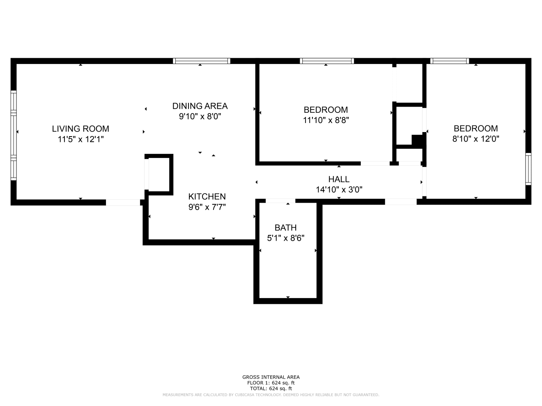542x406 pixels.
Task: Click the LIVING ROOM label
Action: tap(80, 129)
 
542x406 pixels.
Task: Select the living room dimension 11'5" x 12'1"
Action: tap(80, 139)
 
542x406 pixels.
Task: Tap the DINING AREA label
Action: tap(200, 106)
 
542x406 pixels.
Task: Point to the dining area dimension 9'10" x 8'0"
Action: tap(200, 116)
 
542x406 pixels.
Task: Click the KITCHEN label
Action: tap(207, 196)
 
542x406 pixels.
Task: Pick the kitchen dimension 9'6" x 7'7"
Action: tap(207, 207)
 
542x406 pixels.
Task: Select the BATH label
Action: tap(285, 228)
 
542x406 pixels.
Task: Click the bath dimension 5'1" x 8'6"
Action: tap(285, 238)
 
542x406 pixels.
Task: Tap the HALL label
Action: tap(339, 179)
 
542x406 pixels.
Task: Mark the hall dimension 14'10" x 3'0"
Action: tap(339, 190)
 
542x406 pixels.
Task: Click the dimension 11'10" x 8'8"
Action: tap(326, 121)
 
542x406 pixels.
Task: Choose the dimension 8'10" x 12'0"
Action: tap(475, 139)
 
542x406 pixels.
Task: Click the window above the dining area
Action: tap(201, 61)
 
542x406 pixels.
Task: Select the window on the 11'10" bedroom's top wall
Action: tap(327, 61)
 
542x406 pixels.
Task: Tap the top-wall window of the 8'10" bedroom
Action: tap(450, 61)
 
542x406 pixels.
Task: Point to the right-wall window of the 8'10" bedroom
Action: tap(528, 169)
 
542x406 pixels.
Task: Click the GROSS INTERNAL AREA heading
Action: tap(271, 377)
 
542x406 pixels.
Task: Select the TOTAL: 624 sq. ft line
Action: tap(271, 388)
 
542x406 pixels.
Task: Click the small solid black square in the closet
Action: tap(418, 140)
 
